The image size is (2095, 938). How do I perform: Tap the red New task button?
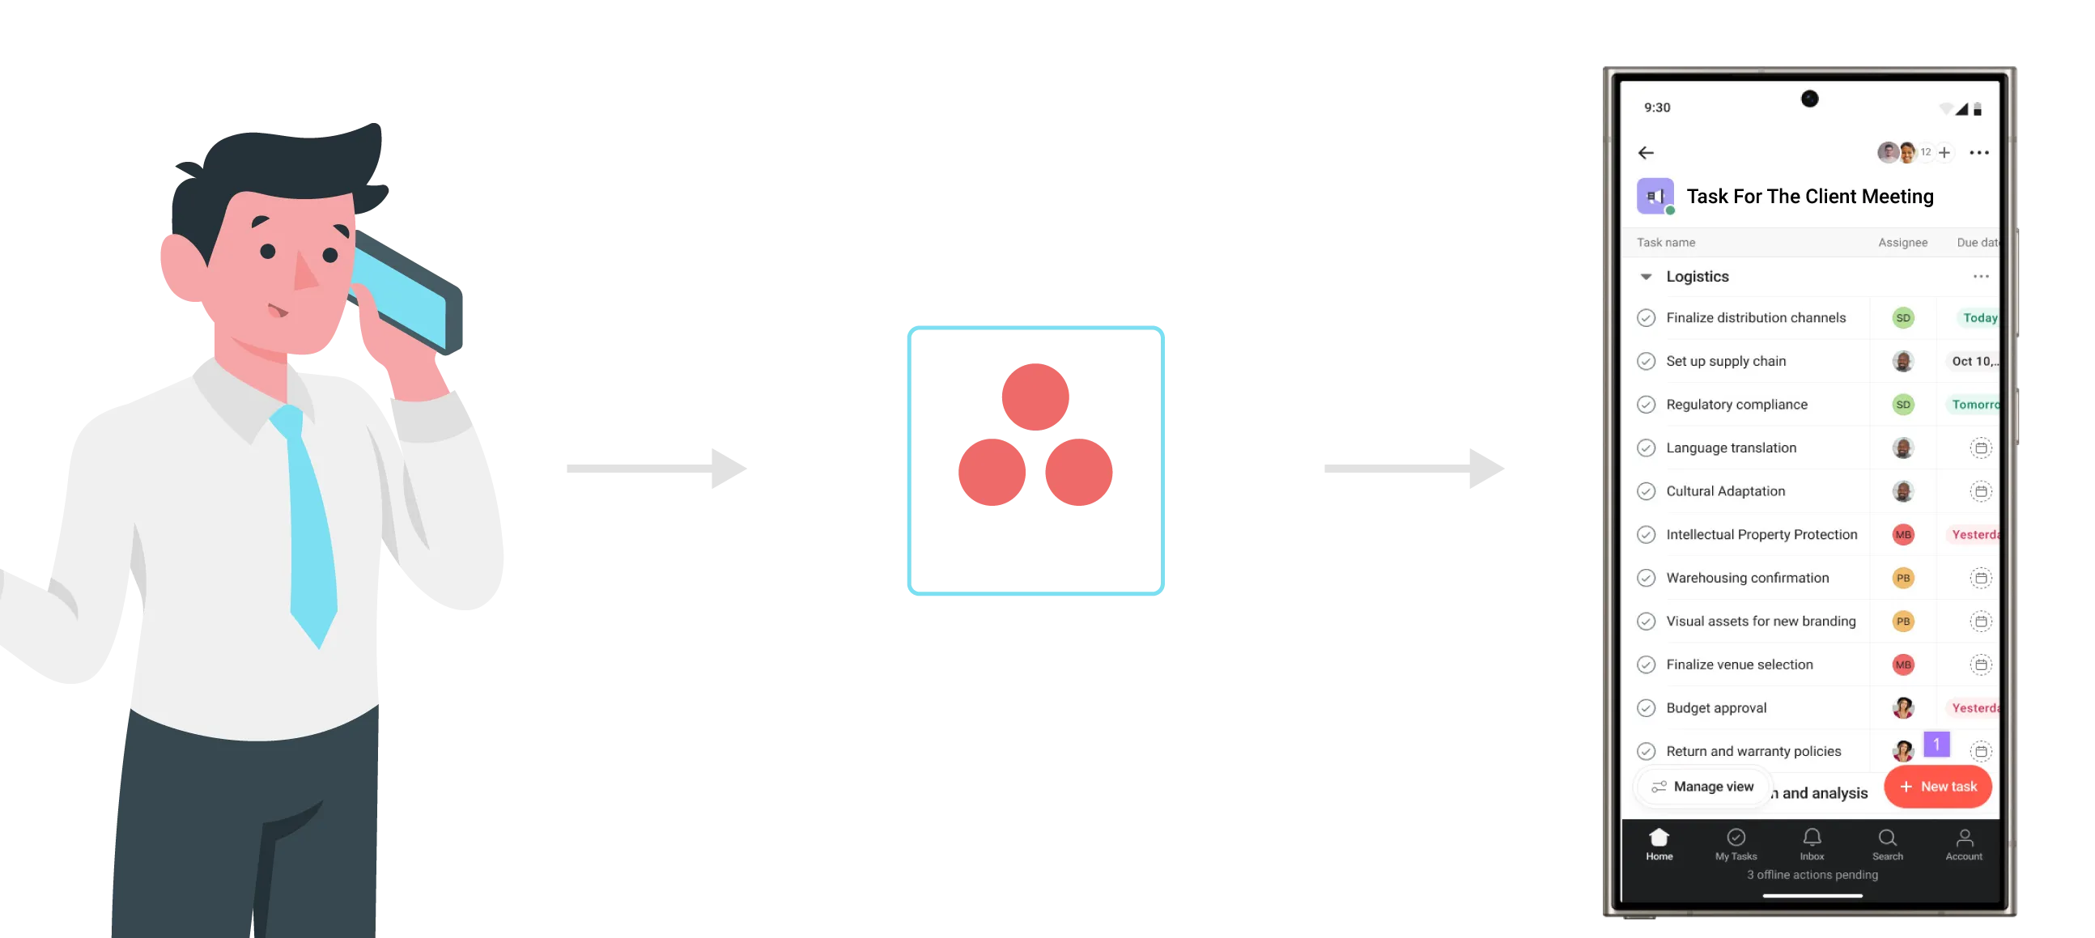(x=1937, y=787)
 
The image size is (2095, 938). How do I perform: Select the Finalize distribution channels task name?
(x=1755, y=318)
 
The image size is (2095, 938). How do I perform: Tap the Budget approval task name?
(x=1716, y=708)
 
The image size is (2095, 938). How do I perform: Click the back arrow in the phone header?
(x=1646, y=153)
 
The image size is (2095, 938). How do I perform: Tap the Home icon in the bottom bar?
(x=1659, y=838)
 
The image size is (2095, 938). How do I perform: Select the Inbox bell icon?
(x=1812, y=838)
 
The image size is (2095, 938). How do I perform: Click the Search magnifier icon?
(x=1888, y=838)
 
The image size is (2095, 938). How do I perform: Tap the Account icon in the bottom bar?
(x=1964, y=838)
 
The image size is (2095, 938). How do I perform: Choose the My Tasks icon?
(x=1736, y=838)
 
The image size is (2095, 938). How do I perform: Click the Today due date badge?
(x=1978, y=318)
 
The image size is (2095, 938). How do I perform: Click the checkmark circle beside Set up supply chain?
(x=1646, y=362)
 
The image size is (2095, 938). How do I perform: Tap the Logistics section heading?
(x=1698, y=276)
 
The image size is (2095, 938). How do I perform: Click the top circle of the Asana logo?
(x=1035, y=397)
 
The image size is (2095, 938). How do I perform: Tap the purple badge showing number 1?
(x=1936, y=744)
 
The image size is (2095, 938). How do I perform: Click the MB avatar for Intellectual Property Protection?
(x=1903, y=535)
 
